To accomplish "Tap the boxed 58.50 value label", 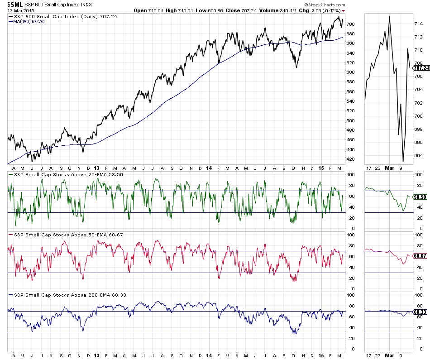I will click(x=420, y=197).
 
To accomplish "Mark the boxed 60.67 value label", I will click(x=420, y=256).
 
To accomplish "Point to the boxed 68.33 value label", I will click(x=420, y=312).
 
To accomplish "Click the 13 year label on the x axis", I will click(x=97, y=356).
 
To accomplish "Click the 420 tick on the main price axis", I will click(x=350, y=159).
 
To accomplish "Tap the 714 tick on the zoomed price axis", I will click(x=419, y=24).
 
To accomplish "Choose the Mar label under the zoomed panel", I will click(x=390, y=356).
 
